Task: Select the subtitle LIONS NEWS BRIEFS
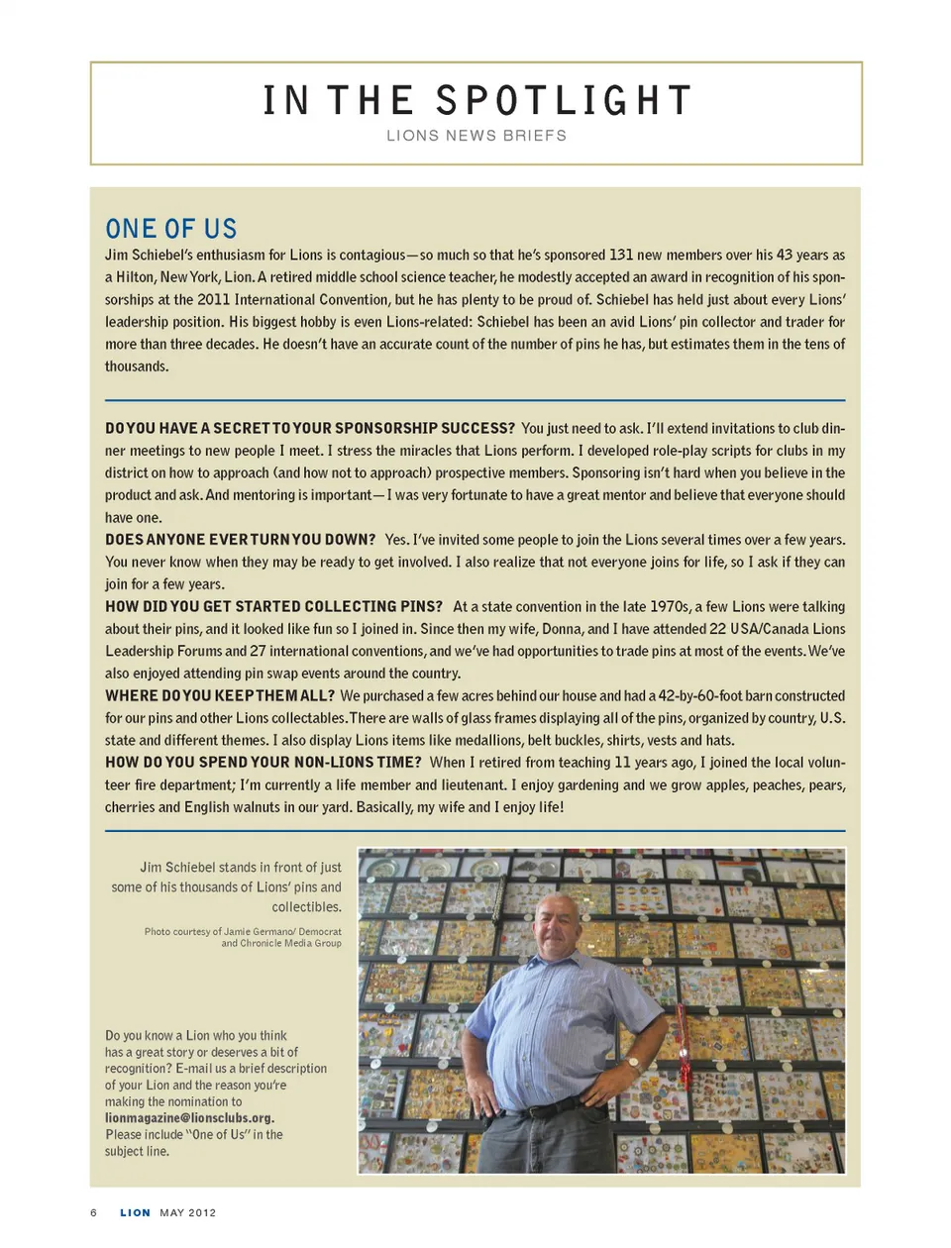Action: tap(476, 136)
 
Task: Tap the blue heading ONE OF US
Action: tap(171, 229)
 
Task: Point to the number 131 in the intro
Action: tap(621, 255)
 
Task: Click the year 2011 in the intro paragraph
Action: tap(213, 299)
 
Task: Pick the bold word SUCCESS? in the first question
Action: tap(478, 428)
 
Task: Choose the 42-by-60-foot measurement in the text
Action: tap(709, 695)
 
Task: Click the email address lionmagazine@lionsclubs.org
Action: tap(189, 1118)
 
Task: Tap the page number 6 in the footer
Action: tap(94, 1212)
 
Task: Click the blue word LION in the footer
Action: tap(136, 1212)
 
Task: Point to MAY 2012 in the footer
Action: tap(188, 1212)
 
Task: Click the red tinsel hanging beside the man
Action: tap(681, 1040)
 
